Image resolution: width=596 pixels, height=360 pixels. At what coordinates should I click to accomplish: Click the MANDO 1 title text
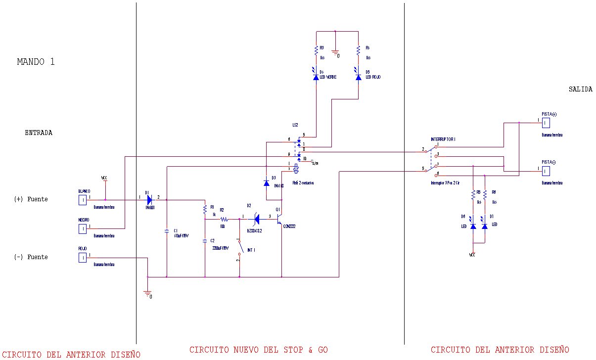coord(36,62)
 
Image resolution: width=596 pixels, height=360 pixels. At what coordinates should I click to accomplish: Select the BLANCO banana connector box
coord(83,200)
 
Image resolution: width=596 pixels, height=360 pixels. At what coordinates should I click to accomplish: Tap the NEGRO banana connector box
coord(83,228)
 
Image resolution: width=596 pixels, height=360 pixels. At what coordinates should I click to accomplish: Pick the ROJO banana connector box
coord(83,258)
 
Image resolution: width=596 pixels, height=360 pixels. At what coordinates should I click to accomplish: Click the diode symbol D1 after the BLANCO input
coord(149,200)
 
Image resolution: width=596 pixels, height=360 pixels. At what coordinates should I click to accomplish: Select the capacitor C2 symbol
coord(205,241)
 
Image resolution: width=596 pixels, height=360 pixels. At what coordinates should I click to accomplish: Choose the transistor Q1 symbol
coord(280,218)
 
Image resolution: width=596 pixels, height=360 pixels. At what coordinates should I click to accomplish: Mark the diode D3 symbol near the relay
coord(267,183)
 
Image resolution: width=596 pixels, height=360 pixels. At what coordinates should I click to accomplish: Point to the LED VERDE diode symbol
coord(316,77)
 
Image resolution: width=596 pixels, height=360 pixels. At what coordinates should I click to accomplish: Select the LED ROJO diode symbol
coord(358,77)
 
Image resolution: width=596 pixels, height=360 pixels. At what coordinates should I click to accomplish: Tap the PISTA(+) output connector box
coord(546,123)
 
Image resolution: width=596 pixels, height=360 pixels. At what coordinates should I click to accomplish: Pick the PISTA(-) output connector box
coord(546,171)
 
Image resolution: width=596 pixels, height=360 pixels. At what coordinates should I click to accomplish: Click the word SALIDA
coord(580,90)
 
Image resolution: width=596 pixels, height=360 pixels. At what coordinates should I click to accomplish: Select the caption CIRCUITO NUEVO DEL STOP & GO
coord(258,350)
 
